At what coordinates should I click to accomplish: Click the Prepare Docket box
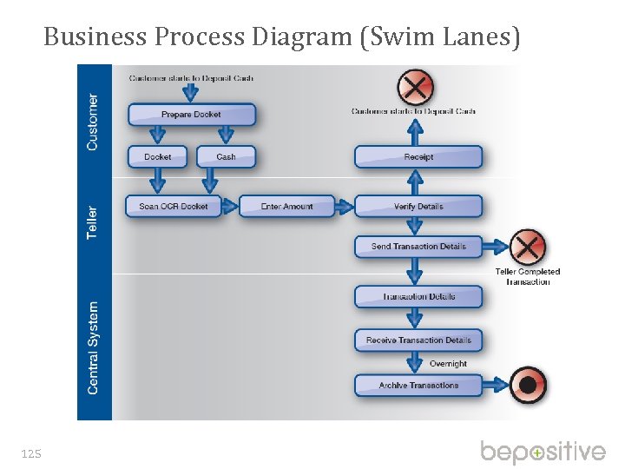pos(192,115)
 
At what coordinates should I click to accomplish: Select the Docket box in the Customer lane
pos(158,157)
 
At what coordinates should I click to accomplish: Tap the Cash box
pos(226,157)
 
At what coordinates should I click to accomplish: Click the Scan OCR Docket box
pos(174,207)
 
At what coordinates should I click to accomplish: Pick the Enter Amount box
pos(287,207)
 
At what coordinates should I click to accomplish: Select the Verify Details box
pos(418,207)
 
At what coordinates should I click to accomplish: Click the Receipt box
pos(418,157)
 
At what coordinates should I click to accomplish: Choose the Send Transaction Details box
pos(418,247)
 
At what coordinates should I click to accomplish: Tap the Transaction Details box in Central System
pos(418,297)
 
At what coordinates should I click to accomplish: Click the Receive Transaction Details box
pos(418,340)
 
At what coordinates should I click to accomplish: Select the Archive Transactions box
pos(418,386)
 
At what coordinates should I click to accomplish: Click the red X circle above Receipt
pos(416,87)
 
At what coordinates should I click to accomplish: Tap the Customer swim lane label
pos(93,122)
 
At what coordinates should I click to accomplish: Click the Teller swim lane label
pos(93,222)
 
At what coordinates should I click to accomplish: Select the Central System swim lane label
pos(93,347)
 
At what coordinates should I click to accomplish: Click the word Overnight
pos(448,364)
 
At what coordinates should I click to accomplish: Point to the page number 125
pos(30,452)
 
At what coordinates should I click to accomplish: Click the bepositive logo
pos(543,452)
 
